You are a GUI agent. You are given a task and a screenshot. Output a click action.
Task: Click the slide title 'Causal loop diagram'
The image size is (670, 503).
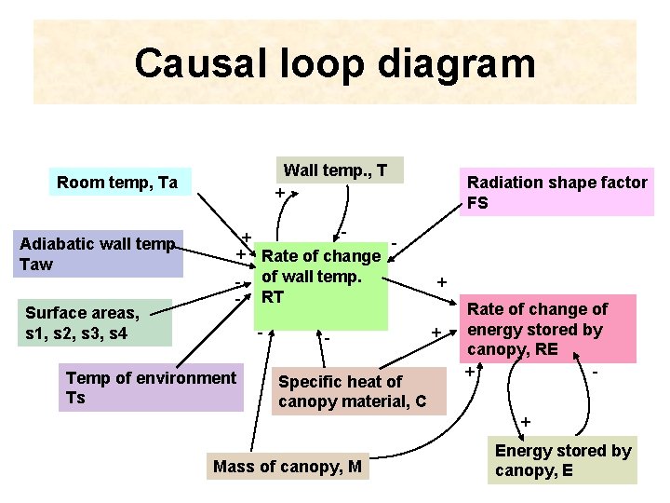point(335,63)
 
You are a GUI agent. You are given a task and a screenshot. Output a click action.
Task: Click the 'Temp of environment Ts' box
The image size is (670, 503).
point(151,387)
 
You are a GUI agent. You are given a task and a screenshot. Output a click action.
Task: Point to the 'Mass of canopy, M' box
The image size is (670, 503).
point(288,467)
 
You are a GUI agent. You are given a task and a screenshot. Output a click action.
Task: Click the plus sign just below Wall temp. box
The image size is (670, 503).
point(280,193)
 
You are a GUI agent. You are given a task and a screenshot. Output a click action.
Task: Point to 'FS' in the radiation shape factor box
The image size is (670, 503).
point(477,203)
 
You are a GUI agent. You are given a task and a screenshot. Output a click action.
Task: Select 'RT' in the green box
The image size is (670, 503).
point(272,297)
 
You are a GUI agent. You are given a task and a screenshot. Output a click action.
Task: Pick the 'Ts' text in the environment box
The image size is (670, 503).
point(75,398)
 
